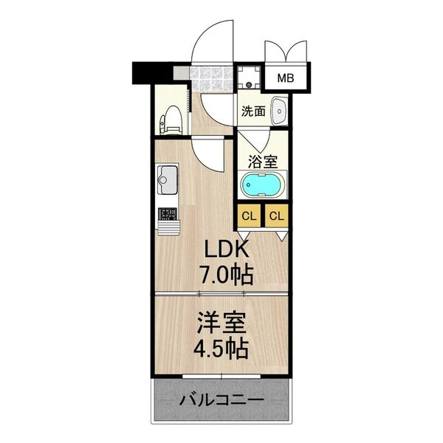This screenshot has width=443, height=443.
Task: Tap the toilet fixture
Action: [x=173, y=119]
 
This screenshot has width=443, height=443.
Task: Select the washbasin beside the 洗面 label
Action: [x=280, y=111]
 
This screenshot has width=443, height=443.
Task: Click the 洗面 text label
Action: [x=253, y=111]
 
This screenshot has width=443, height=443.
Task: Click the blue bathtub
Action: [x=261, y=185]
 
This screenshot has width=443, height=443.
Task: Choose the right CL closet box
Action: [x=276, y=216]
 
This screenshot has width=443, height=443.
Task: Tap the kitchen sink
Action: [x=167, y=179]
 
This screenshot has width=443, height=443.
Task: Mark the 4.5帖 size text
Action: [x=221, y=347]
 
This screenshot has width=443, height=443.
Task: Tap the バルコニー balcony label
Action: [x=221, y=402]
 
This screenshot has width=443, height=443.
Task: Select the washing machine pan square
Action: [x=248, y=77]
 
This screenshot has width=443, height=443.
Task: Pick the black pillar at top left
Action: [x=145, y=73]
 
